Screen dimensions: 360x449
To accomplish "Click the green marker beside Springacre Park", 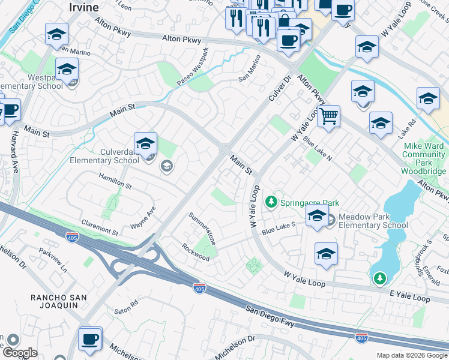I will (x=271, y=202).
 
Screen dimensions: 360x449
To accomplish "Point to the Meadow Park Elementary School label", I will (x=373, y=221).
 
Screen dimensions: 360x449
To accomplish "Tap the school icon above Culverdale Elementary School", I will (x=145, y=143).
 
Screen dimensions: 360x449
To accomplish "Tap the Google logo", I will (x=19, y=352).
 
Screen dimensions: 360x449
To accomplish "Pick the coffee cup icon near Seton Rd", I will (x=90, y=338).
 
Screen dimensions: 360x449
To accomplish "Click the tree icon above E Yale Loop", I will (x=379, y=278).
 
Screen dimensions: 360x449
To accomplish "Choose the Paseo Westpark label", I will (x=193, y=67).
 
